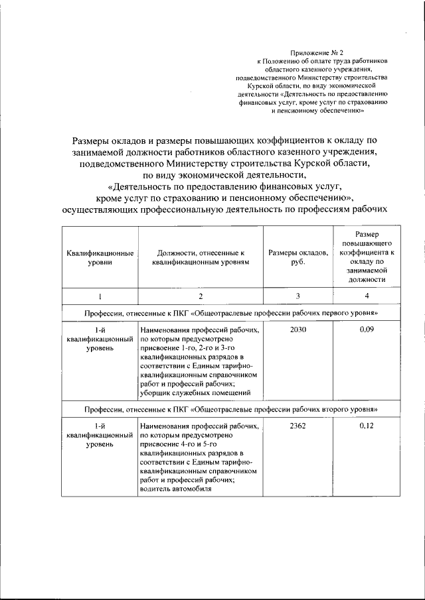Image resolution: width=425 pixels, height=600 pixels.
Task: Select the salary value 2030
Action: pyautogui.click(x=298, y=330)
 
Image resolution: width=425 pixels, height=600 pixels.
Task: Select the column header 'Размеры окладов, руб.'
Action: pyautogui.click(x=298, y=258)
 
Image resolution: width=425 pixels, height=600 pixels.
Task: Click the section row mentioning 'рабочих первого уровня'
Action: pyautogui.click(x=230, y=312)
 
